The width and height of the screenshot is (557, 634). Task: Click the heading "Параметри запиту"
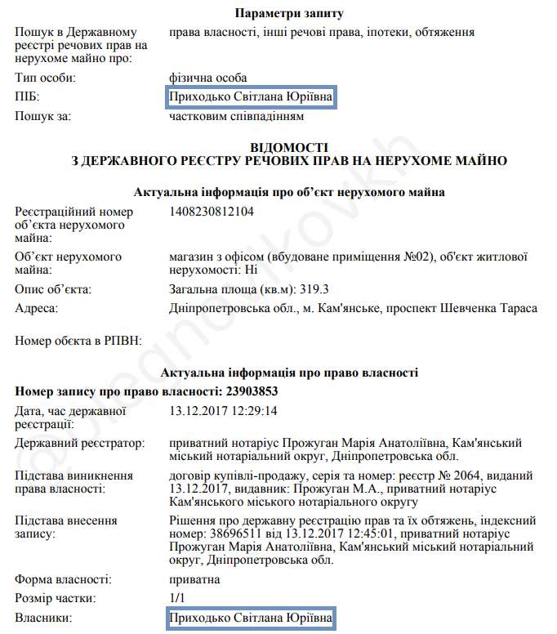click(289, 13)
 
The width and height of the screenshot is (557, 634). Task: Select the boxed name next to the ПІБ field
click(251, 97)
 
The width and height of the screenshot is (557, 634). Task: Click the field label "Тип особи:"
click(46, 78)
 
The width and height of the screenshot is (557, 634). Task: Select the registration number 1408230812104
click(212, 212)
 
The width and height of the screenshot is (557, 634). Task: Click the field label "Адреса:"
click(38, 308)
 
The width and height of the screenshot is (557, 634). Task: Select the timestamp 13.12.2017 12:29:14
click(223, 411)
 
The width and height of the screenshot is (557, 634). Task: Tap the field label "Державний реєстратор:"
click(80, 443)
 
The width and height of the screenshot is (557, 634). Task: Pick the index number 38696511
click(234, 534)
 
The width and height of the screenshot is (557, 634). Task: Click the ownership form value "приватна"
click(194, 579)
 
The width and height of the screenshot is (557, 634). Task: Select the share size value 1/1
click(177, 599)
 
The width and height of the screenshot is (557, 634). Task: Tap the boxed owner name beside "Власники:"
click(251, 618)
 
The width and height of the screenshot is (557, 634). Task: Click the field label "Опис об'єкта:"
click(54, 289)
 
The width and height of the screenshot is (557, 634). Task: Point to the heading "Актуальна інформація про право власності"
click(290, 373)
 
